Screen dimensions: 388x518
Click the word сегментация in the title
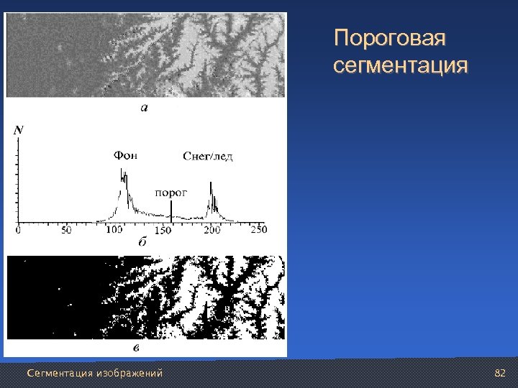point(401,67)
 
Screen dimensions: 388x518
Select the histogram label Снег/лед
point(208,156)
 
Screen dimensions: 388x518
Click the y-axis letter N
point(18,130)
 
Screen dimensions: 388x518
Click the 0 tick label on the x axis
point(18,231)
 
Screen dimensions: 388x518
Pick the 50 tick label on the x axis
point(66,231)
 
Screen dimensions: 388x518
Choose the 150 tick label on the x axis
point(163,231)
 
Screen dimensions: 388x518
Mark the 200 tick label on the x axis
point(212,231)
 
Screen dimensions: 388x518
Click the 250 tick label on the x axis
point(258,230)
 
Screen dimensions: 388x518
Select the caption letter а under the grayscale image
point(143,108)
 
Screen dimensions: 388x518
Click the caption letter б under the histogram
point(142,244)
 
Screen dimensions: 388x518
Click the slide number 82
point(501,373)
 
